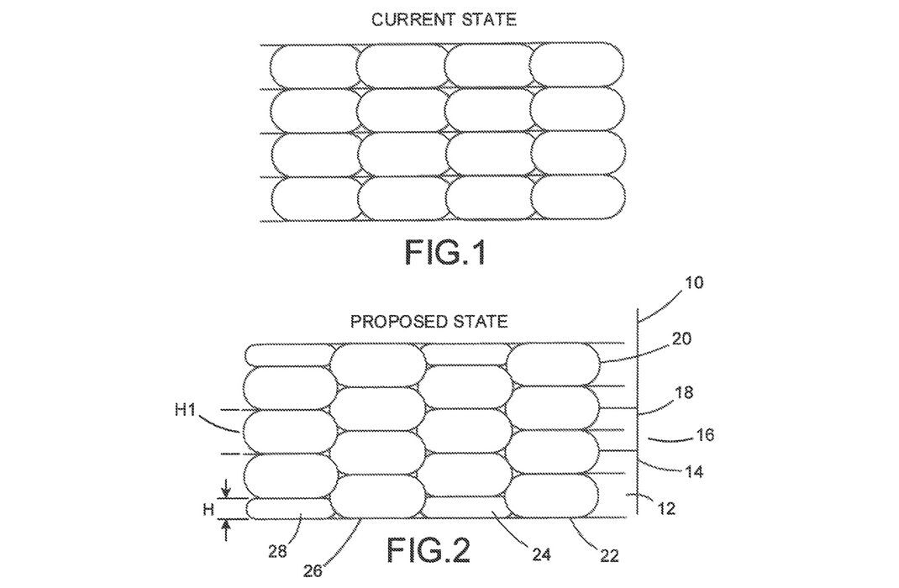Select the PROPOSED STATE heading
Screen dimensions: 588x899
[x=429, y=322]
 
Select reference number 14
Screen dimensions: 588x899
[x=693, y=473]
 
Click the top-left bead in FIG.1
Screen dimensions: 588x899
[x=313, y=66]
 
